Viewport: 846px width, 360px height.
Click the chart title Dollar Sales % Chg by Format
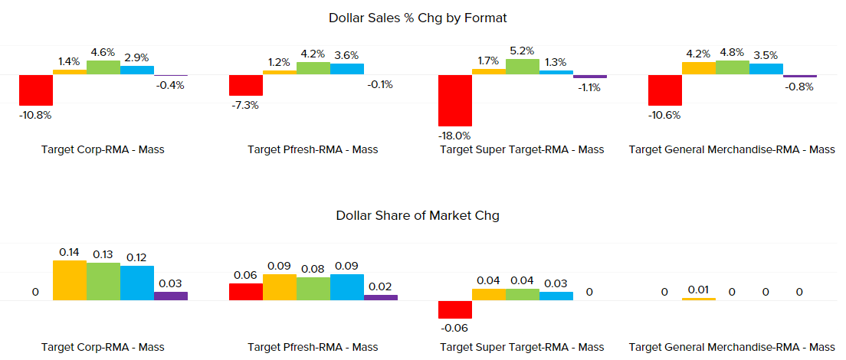point(418,17)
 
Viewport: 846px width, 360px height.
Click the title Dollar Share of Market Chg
point(418,215)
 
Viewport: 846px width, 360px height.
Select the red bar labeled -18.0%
point(455,100)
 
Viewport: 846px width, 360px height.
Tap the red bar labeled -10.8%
point(36,90)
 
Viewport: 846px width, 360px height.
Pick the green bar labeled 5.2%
point(523,67)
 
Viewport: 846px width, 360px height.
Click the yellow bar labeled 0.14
point(70,280)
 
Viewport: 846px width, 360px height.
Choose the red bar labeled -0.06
point(455,309)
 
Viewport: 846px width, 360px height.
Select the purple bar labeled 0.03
point(171,296)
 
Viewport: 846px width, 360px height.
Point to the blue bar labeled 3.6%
point(347,69)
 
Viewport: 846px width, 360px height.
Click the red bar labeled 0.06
point(246,292)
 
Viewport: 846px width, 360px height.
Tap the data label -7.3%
point(245,105)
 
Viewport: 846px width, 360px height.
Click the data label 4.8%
point(732,54)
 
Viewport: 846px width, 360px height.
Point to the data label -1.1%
point(589,87)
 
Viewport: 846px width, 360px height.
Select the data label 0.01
point(698,290)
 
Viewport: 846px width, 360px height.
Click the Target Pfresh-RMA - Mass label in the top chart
point(313,149)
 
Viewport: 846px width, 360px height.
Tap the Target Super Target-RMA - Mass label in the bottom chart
point(522,347)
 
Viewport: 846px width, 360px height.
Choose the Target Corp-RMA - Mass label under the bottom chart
point(103,347)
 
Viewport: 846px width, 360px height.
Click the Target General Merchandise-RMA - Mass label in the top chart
point(732,149)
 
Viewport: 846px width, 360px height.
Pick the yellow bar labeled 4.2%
point(698,68)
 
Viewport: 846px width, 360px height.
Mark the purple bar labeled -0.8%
point(800,76)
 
